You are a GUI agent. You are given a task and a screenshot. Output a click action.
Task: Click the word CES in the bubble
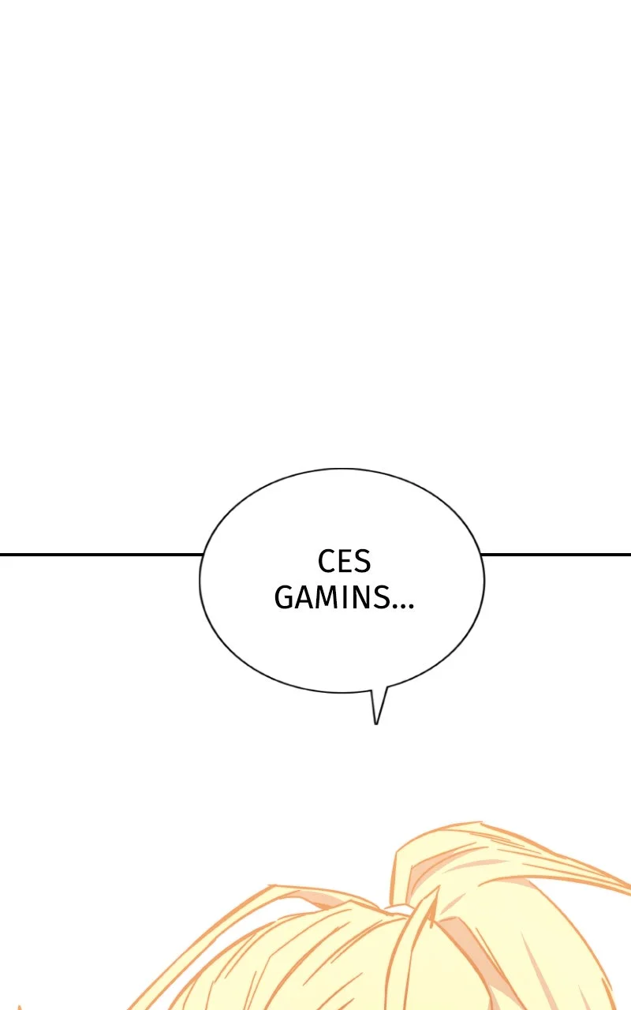tap(345, 561)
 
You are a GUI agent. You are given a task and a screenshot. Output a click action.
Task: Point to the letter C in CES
tap(326, 561)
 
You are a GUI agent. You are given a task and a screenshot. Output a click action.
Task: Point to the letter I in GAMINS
tap(348, 598)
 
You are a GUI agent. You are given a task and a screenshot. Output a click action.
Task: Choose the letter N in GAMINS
tap(364, 598)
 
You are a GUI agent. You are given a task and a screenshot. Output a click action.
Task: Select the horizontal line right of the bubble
tap(556, 554)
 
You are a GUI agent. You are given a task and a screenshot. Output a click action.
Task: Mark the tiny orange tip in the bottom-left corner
tap(19, 1006)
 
